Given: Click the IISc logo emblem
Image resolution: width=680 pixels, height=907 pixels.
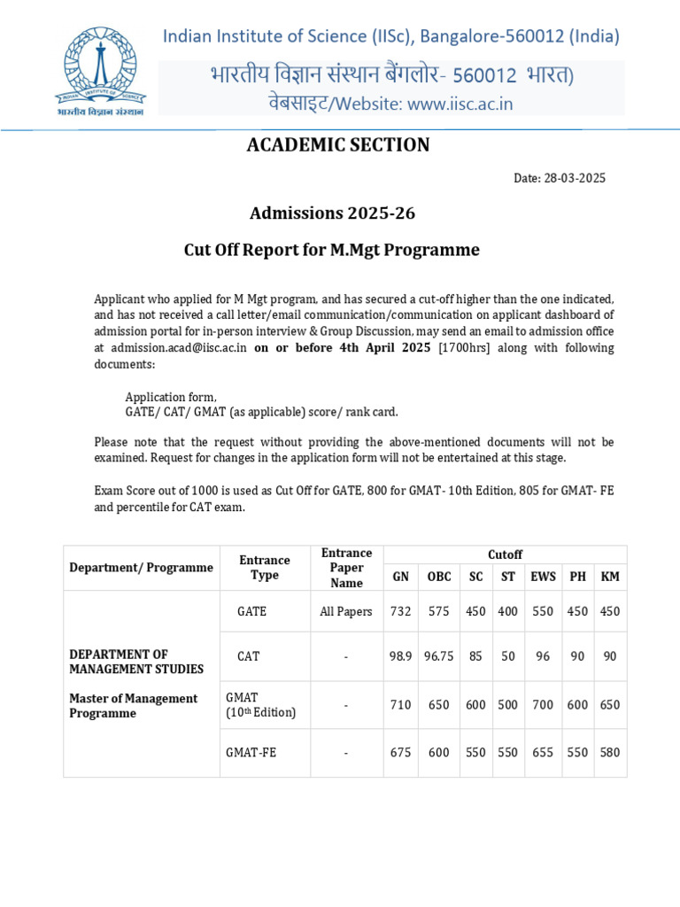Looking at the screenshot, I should tap(100, 71).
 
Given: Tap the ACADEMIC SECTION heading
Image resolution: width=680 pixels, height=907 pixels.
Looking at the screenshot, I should tap(337, 145).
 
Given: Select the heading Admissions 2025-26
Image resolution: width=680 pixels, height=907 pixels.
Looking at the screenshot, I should tap(332, 213).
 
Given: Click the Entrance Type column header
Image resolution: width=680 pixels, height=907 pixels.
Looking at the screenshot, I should tap(265, 567).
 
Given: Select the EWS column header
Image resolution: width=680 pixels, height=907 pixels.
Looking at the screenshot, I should tap(543, 577).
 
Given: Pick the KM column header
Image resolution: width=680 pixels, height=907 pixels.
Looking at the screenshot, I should tap(610, 577).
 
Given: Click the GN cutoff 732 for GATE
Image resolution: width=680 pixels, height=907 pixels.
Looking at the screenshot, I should tap(401, 611).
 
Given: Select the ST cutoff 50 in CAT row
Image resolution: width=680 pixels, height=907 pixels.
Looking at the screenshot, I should tap(508, 656).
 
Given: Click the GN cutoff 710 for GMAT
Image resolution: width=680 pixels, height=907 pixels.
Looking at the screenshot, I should tap(401, 705).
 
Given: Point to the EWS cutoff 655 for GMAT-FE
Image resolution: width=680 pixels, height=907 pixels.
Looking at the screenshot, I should tap(543, 753).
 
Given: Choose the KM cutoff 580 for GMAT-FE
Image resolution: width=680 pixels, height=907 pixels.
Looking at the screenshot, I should tap(610, 753).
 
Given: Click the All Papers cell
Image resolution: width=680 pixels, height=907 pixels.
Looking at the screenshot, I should tap(346, 611).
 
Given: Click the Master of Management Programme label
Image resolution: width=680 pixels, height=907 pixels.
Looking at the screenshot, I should tap(134, 705).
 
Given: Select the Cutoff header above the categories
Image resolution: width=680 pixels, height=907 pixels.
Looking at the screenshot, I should tap(505, 554).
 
